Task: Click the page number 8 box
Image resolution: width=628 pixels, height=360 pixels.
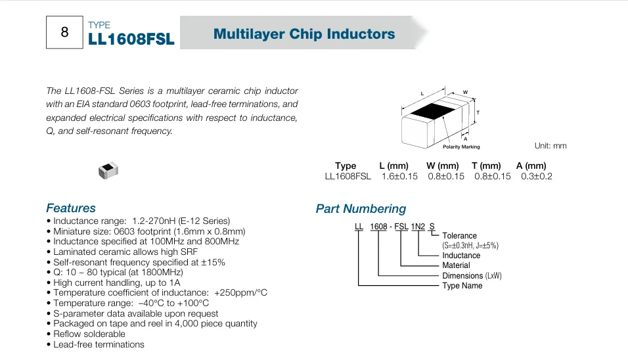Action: pyautogui.click(x=64, y=32)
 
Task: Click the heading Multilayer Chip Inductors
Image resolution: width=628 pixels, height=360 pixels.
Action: pyautogui.click(x=304, y=34)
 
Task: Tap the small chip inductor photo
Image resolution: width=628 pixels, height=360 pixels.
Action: pyautogui.click(x=108, y=170)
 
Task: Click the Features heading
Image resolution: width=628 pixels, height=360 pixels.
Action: pyautogui.click(x=71, y=208)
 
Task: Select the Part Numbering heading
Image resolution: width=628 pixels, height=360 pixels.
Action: pyautogui.click(x=361, y=209)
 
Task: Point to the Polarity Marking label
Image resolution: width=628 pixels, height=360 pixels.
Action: pyautogui.click(x=461, y=146)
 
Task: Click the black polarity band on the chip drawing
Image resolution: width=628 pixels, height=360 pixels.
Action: pyautogui.click(x=432, y=110)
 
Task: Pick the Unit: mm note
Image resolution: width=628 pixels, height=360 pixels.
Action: pyautogui.click(x=550, y=146)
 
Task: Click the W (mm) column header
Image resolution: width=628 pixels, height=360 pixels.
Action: pyautogui.click(x=443, y=166)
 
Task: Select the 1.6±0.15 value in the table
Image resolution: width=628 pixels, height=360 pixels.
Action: pyautogui.click(x=399, y=176)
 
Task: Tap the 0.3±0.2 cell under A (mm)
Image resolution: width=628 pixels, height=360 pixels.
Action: pyautogui.click(x=536, y=176)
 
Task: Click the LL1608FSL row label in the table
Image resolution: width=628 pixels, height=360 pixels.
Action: pyautogui.click(x=348, y=176)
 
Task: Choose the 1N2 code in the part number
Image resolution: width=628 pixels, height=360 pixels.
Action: pyautogui.click(x=418, y=227)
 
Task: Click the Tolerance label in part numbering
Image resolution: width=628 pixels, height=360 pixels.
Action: pyautogui.click(x=459, y=235)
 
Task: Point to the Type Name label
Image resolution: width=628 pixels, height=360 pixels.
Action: pyautogui.click(x=462, y=286)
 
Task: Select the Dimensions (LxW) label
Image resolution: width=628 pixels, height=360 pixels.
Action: pyautogui.click(x=472, y=275)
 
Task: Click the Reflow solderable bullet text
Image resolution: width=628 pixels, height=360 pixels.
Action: pyautogui.click(x=89, y=334)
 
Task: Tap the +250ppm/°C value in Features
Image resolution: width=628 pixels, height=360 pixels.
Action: pyautogui.click(x=240, y=293)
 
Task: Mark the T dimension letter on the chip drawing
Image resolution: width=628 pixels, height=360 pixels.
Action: pyautogui.click(x=478, y=112)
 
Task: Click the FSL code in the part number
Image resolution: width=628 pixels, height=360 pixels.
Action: pyautogui.click(x=401, y=227)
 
